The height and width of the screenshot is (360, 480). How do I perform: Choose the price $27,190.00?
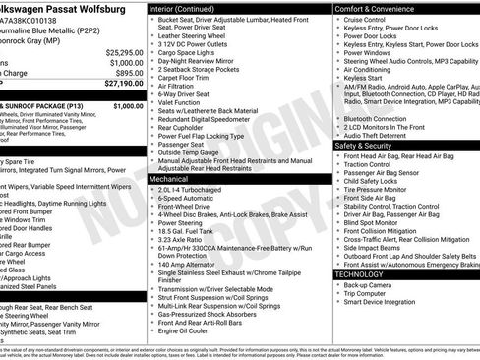[121, 85]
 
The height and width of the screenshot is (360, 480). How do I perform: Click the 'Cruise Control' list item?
[365, 20]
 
